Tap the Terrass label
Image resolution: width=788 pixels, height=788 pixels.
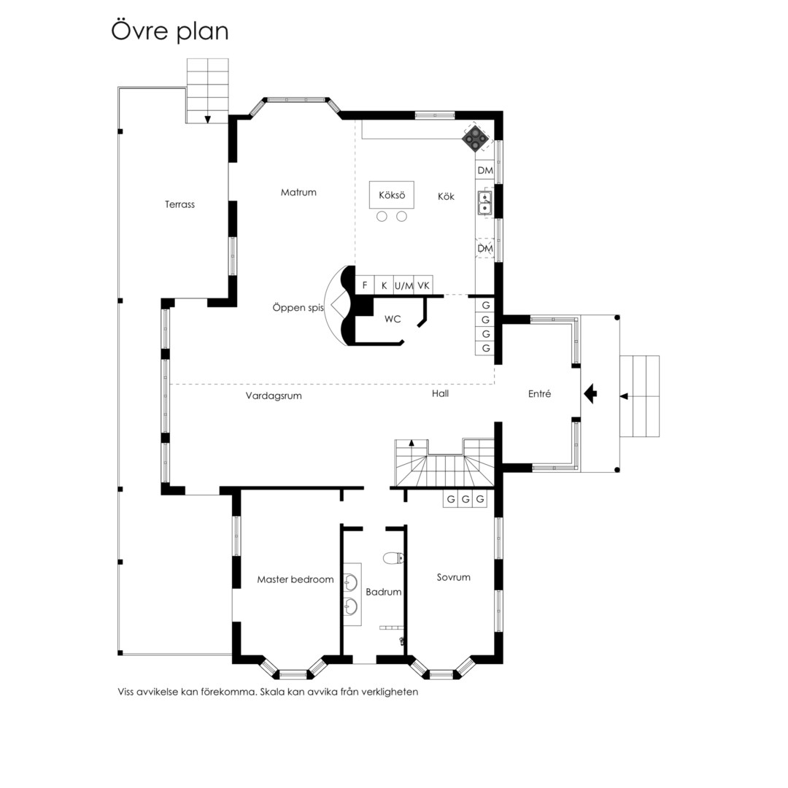pos(180,204)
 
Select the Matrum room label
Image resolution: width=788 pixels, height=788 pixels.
pos(298,192)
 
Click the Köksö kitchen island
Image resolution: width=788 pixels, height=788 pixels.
pos(392,195)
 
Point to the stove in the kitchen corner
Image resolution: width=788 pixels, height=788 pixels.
pos(476,138)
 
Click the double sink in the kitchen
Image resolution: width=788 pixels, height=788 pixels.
pos(484,202)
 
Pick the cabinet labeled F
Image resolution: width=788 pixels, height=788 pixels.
pos(365,285)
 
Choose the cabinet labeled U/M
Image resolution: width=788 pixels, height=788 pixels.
pos(403,285)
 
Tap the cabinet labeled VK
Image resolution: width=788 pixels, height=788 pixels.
pos(424,285)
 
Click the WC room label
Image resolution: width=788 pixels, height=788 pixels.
pos(393,319)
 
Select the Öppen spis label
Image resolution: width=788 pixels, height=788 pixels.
pos(298,308)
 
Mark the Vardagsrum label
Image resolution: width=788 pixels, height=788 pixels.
pos(274,395)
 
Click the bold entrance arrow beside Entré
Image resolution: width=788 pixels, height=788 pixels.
pos(590,393)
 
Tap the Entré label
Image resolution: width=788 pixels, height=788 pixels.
pos(539,394)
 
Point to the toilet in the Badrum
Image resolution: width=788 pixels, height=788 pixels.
pos(394,558)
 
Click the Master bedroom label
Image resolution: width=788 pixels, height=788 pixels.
pos(295,579)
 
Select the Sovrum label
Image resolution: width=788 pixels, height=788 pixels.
pos(453,577)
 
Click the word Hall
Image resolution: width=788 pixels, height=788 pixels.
pos(440,393)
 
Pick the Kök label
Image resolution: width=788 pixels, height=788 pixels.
pos(446,196)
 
